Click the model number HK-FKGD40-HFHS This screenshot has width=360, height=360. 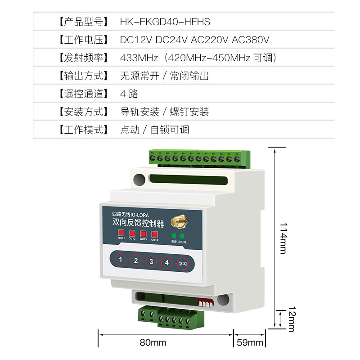point(165,22)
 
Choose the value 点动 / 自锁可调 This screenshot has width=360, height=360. point(154,130)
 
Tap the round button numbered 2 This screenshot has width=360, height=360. point(136,260)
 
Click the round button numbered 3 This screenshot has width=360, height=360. point(151,261)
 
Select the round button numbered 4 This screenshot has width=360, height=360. point(166,262)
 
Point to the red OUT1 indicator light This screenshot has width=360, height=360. point(121,233)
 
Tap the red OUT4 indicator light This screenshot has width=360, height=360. point(155,234)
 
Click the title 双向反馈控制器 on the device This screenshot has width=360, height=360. point(138,223)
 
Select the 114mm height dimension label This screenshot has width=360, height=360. point(283,238)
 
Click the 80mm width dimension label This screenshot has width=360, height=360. point(153,343)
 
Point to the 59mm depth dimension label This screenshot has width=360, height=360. point(250,343)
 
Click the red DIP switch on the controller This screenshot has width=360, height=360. point(206,302)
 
